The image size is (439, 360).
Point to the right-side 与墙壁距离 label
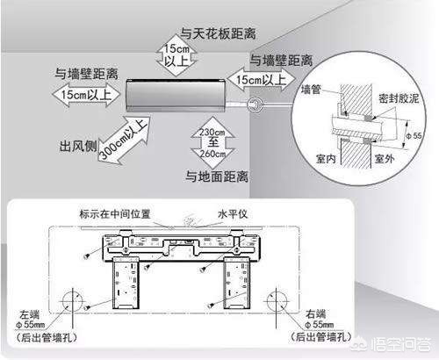(280, 61)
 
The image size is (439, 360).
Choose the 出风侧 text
(77, 143)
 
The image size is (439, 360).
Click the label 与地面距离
(215, 176)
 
